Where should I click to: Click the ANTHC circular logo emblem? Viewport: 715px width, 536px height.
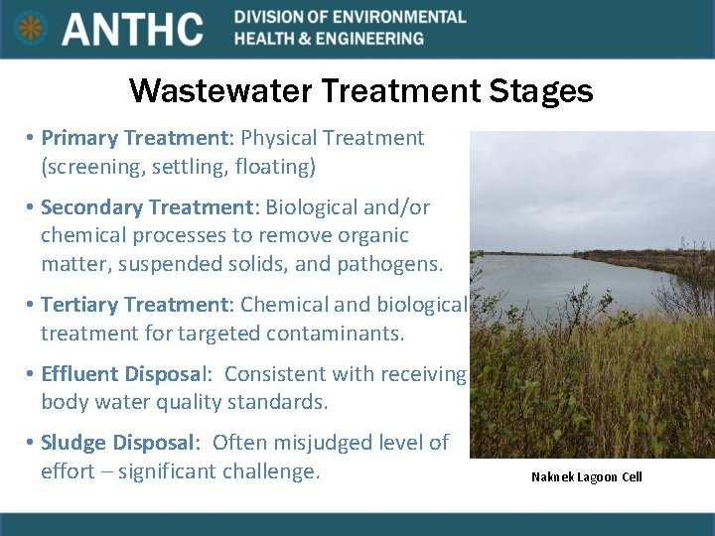31,28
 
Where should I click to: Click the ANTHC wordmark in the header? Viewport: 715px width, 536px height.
133,29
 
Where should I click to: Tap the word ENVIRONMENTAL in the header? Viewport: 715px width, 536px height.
401,17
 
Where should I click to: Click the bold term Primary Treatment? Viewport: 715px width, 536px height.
134,138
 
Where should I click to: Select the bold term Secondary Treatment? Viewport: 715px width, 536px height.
147,207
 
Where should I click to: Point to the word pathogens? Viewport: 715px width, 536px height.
390,264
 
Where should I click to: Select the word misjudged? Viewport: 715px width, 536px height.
320,442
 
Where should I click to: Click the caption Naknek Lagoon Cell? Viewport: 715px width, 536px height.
586,477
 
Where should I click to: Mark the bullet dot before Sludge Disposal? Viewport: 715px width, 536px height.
32,443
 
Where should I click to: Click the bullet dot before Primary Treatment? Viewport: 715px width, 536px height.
32,139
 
